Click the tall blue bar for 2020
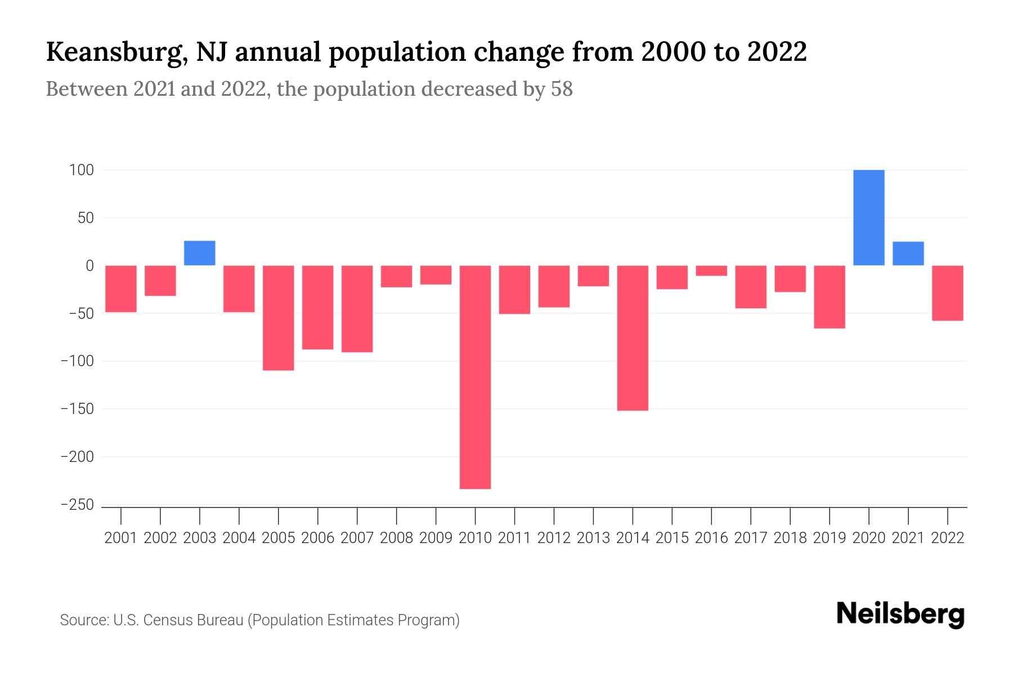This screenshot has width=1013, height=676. pos(868,217)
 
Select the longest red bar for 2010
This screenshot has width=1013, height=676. pos(475,377)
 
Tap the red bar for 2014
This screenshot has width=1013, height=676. pos(633,338)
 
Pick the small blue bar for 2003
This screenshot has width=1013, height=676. pos(200,253)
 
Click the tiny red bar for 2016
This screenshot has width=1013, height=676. pos(711,270)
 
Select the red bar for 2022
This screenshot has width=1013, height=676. pos(948,293)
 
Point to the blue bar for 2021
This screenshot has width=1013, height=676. pos(908,253)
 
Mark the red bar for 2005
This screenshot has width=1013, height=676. pos(279,318)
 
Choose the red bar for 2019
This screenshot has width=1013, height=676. pos(830,297)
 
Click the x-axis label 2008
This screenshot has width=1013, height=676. pos(396,538)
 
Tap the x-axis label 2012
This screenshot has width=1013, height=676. pos(554,538)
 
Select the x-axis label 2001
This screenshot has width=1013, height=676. pos(121,538)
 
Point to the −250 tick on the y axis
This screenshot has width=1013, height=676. pos(77,505)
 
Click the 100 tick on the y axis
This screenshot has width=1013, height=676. pos(82,170)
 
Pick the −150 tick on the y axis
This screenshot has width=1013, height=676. pos(77,409)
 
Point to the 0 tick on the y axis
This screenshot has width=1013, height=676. pos(89,265)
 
